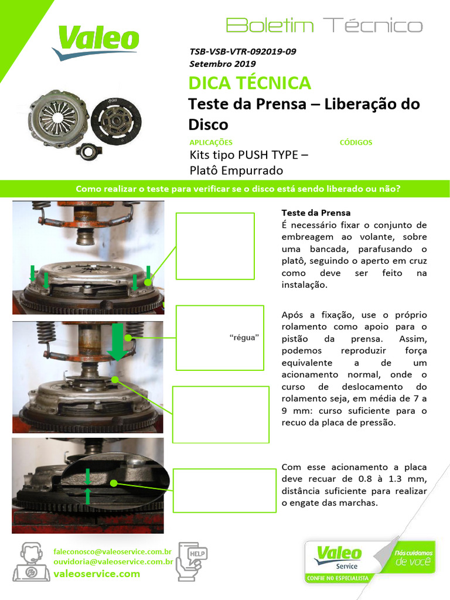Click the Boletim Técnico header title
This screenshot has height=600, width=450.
tap(323, 26)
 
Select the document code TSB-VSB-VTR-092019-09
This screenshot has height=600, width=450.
tap(242, 52)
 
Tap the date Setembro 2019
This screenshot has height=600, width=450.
tap(222, 64)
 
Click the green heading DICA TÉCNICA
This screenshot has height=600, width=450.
tap(250, 83)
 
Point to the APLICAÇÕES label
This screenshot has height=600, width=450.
tap(211, 142)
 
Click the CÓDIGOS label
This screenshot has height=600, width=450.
tap(356, 142)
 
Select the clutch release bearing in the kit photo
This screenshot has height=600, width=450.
tap(87, 149)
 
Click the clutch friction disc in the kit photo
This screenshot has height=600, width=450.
tap(115, 119)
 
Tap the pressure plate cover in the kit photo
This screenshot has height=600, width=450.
tap(57, 118)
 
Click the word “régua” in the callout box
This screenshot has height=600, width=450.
tap(243, 338)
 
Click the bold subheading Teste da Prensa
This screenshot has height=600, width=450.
tap(316, 212)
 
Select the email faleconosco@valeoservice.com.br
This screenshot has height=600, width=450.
tap(112, 551)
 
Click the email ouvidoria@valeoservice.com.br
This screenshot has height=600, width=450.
tap(113, 561)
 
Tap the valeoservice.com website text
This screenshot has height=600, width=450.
tap(97, 574)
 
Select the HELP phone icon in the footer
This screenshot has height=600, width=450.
tap(192, 561)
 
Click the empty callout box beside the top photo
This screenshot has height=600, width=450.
tap(215, 246)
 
